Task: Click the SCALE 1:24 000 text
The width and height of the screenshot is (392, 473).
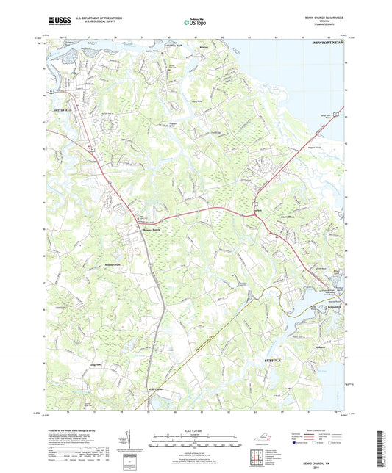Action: [195, 430]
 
